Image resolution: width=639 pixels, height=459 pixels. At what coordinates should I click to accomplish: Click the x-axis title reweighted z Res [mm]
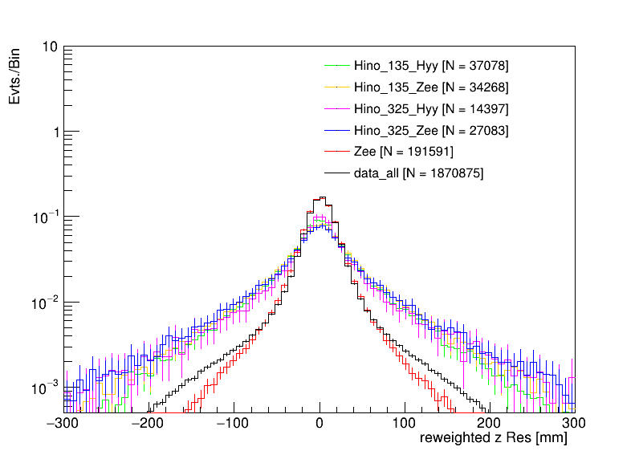(495, 440)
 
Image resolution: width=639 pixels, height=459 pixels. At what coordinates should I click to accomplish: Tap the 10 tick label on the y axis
(49, 47)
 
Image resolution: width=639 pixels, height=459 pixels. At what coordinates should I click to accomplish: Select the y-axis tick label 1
(52, 132)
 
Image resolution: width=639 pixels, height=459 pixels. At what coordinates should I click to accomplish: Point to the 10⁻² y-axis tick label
(43, 303)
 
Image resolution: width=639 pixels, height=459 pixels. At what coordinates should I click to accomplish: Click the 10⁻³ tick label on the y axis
(43, 388)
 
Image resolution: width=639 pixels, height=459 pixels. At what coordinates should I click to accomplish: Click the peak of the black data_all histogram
(322, 197)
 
